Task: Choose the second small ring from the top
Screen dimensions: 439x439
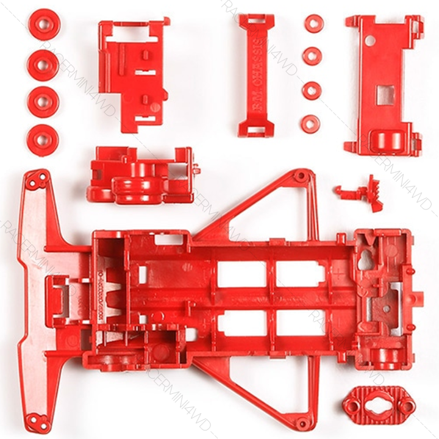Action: click(x=313, y=57)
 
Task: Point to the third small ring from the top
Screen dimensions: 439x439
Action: click(x=313, y=89)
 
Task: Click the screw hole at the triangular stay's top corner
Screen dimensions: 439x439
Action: click(x=299, y=176)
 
